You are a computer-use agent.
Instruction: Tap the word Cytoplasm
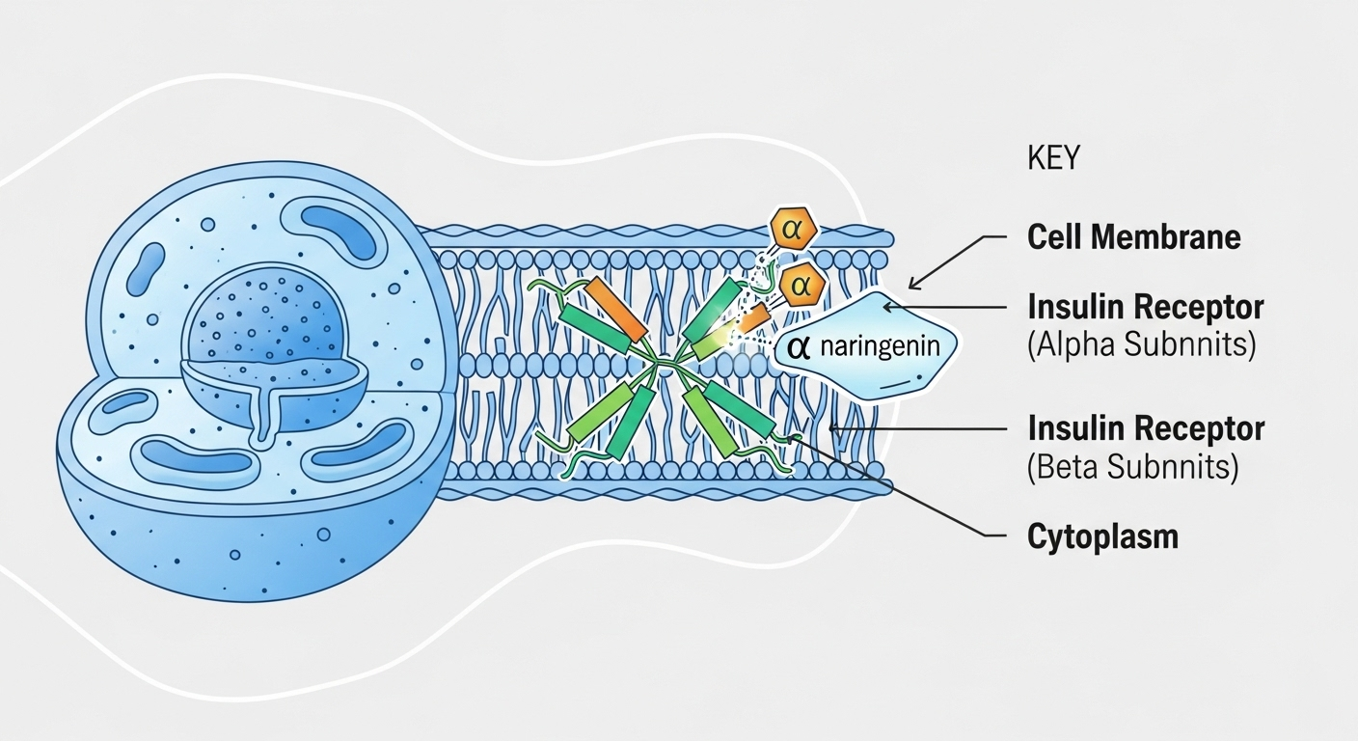pos(1102,535)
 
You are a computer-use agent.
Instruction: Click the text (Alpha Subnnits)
pos(1141,344)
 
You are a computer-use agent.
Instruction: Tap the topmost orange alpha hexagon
pos(793,230)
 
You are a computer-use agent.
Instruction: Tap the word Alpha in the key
pos(1079,344)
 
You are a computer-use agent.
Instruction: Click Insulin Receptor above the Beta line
pos(1146,428)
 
